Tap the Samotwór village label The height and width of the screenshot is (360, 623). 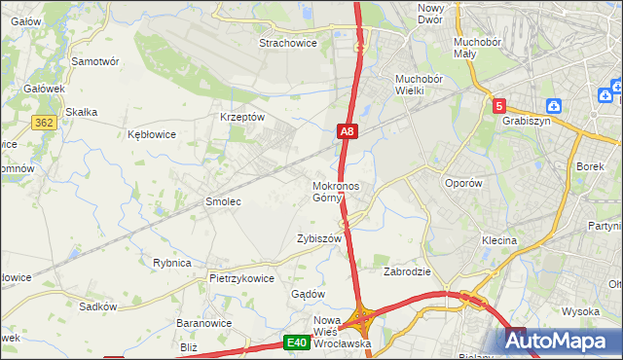tap(95, 60)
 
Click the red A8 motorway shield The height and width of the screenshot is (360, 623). tap(348, 131)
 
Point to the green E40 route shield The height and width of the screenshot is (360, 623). tap(297, 342)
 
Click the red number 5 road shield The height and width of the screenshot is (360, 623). tap(499, 106)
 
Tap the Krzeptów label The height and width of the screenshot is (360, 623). tap(242, 116)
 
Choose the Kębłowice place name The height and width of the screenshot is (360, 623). tap(152, 135)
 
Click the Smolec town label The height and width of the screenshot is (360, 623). tap(222, 201)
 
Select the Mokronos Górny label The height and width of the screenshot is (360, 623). tap(336, 192)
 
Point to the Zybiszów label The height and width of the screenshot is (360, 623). tap(319, 238)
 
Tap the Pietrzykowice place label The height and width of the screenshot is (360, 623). tap(241, 277)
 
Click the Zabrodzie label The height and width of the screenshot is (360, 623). tap(407, 272)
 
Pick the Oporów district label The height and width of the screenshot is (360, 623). tap(462, 183)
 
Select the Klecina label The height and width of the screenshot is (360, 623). tap(498, 239)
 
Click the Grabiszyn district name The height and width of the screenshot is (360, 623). tap(527, 122)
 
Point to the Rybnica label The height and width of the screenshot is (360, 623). tap(171, 263)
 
